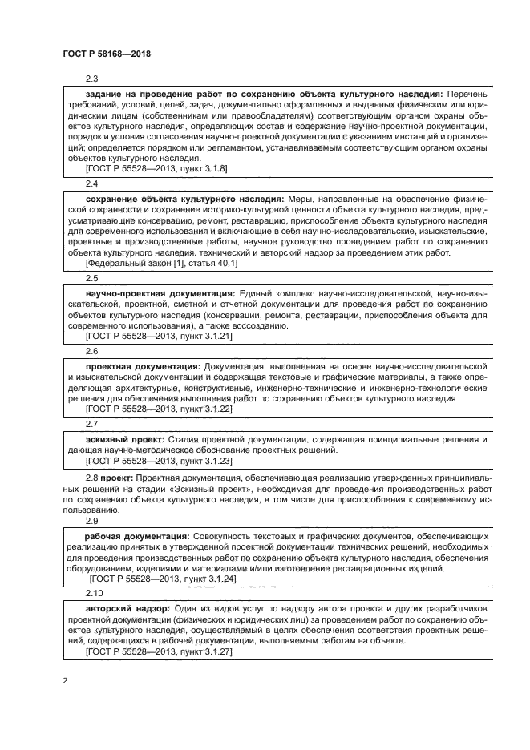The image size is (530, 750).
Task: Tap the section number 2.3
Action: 91,79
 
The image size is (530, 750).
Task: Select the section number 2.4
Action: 91,184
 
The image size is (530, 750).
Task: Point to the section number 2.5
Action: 91,278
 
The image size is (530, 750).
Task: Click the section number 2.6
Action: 91,351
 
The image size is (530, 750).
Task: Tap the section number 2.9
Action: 91,520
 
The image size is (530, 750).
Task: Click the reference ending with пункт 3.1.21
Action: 158,336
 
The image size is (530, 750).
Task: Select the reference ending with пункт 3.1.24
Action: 163,578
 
